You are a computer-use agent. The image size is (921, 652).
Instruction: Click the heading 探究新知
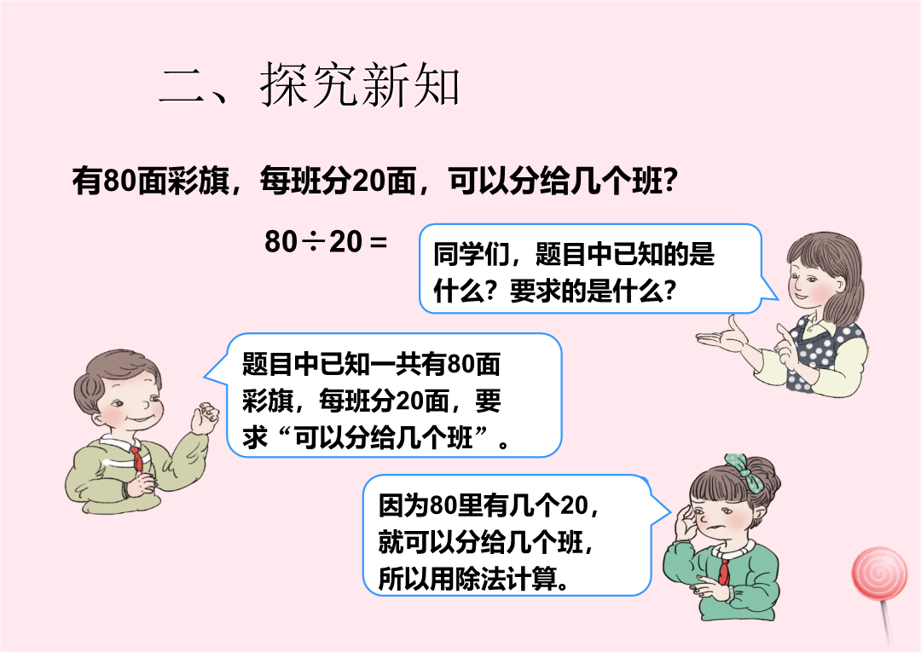pos(360,86)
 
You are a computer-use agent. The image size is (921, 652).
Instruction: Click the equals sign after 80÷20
pos(379,242)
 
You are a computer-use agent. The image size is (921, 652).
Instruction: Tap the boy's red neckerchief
pos(136,459)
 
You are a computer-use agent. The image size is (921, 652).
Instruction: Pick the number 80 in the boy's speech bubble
pos(461,365)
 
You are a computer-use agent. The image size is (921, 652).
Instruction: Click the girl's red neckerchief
pos(724,571)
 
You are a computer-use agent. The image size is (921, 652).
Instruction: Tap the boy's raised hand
pos(204,418)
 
